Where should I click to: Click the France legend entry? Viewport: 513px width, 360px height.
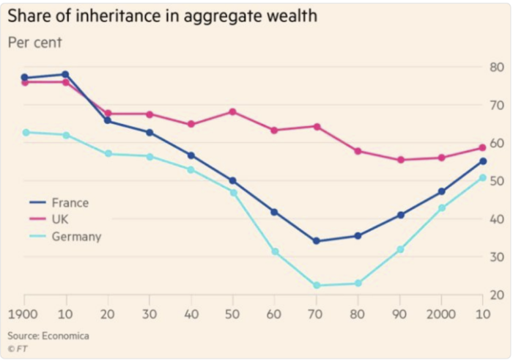pyautogui.click(x=70, y=203)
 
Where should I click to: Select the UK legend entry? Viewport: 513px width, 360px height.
pyautogui.click(x=62, y=219)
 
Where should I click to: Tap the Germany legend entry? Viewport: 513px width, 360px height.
pyautogui.click(x=76, y=236)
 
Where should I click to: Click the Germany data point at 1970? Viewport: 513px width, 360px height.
pyautogui.click(x=317, y=285)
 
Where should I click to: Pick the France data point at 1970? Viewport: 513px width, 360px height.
pyautogui.click(x=317, y=241)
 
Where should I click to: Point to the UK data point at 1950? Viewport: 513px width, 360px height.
pyautogui.click(x=233, y=111)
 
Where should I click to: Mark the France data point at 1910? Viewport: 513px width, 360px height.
pyautogui.click(x=65, y=74)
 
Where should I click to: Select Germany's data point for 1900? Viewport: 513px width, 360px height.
pyautogui.click(x=25, y=132)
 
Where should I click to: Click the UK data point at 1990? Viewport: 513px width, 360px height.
pyautogui.click(x=400, y=160)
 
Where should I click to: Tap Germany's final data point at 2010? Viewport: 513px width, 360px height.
pyautogui.click(x=483, y=177)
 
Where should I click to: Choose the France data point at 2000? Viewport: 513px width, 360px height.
pyautogui.click(x=442, y=191)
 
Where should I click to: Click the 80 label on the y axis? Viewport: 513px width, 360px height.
pyautogui.click(x=496, y=68)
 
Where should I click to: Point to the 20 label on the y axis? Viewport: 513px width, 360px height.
pyautogui.click(x=496, y=295)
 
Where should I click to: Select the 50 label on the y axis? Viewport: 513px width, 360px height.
pyautogui.click(x=496, y=181)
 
